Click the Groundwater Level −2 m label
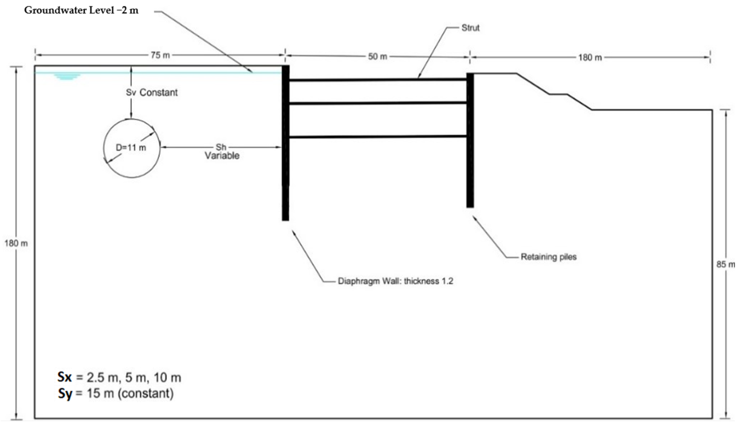[x=81, y=10]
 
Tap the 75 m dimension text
[x=160, y=55]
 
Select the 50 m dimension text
[x=378, y=56]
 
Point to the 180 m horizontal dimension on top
[x=590, y=57]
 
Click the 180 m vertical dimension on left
[x=16, y=243]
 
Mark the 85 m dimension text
[x=726, y=264]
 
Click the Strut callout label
[x=471, y=28]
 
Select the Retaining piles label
[x=548, y=257]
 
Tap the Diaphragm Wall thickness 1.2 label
[x=395, y=281]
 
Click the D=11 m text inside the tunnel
[x=131, y=148]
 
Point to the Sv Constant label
[x=152, y=92]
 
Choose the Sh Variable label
[x=222, y=152]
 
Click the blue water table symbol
[x=67, y=77]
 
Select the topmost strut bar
[x=378, y=80]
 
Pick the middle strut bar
[x=378, y=103]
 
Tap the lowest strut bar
[x=378, y=137]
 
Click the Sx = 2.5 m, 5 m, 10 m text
[x=119, y=377]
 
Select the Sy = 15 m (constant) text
[x=116, y=393]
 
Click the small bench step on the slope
[x=558, y=94]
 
